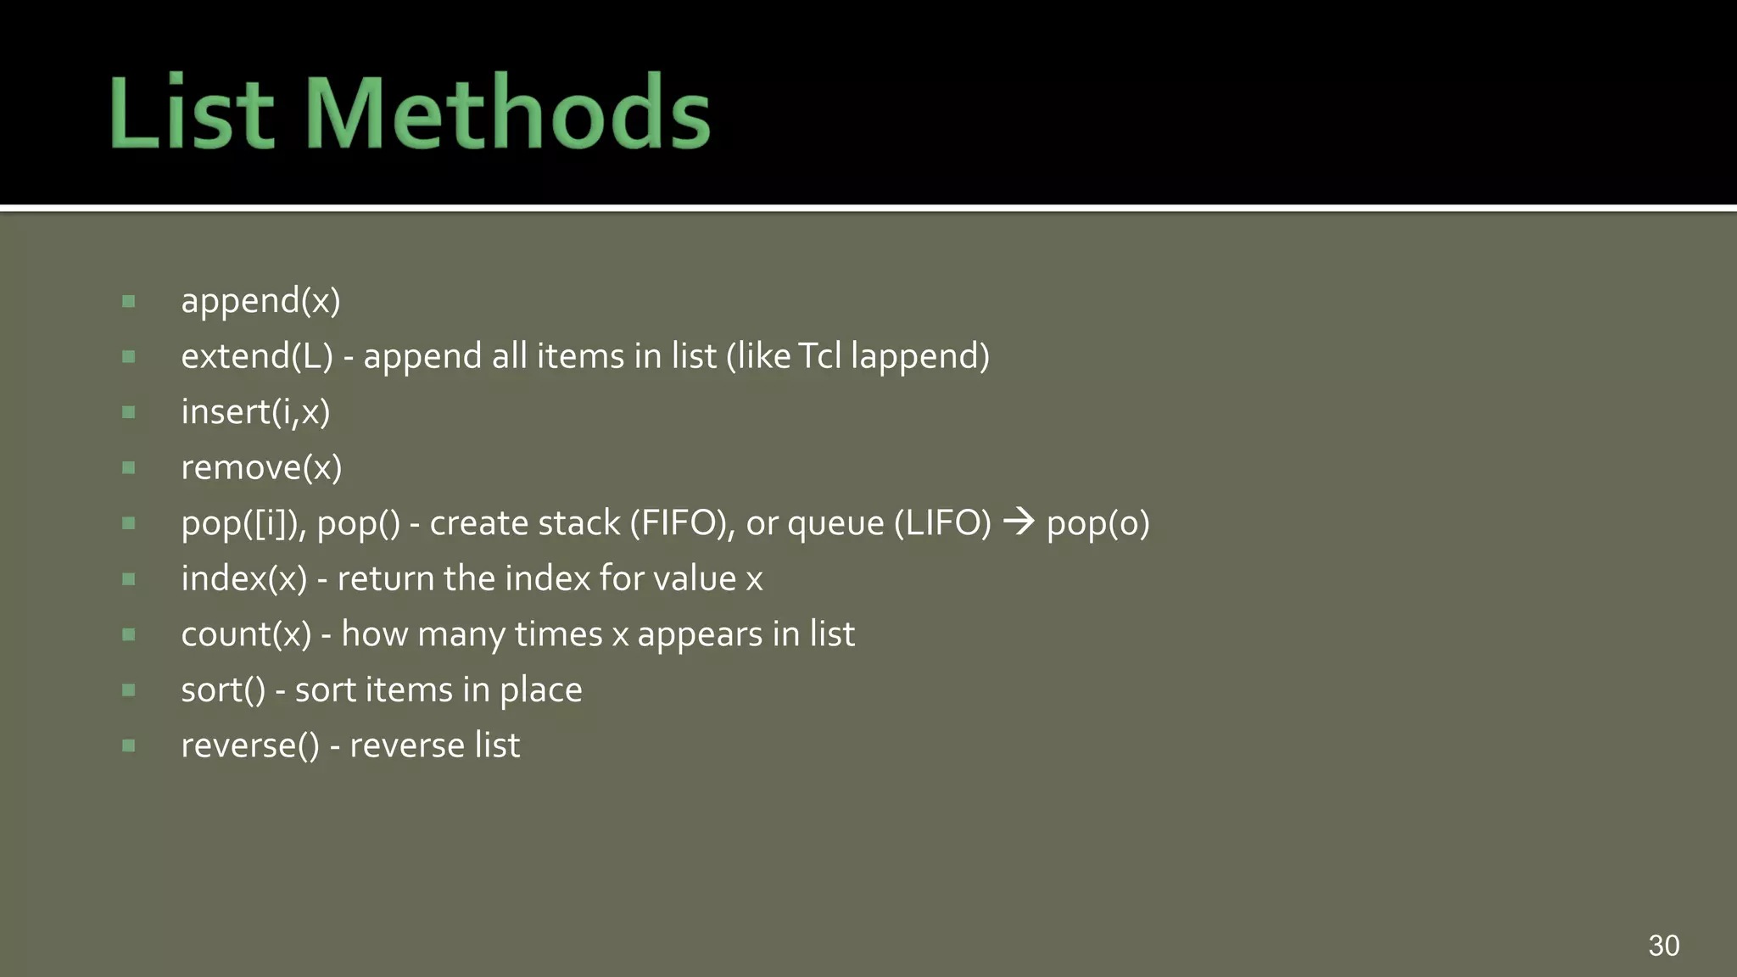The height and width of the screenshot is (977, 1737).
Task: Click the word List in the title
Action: (192, 113)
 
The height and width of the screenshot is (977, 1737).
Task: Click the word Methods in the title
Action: (512, 113)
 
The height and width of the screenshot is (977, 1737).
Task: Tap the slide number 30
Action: (1663, 945)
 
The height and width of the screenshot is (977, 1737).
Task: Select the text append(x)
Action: (260, 301)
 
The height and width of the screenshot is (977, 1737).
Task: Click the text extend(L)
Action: (257, 356)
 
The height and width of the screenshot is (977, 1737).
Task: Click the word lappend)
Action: (920, 356)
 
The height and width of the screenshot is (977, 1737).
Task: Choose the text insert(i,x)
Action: (255, 412)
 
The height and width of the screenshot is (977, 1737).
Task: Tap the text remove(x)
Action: (261, 467)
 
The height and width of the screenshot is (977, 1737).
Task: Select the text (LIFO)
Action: (942, 523)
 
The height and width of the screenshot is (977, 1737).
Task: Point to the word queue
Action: (835, 524)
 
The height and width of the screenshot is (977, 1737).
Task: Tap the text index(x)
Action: (244, 578)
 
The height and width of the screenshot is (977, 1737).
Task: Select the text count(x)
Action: (247, 634)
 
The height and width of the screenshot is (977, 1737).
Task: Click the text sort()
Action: (223, 690)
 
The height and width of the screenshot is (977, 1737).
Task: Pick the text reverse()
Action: (250, 745)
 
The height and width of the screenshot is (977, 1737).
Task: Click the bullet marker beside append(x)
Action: (129, 301)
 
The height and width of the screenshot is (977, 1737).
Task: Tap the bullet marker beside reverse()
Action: (129, 745)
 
